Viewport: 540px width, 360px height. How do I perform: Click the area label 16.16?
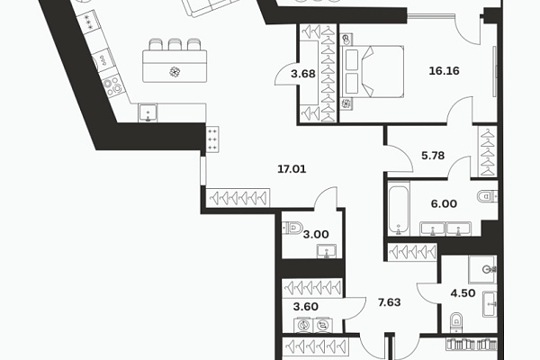444,71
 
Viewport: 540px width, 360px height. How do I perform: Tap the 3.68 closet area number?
303,74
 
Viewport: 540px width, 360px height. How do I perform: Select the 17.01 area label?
292,169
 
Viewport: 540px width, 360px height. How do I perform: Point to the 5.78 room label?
433,156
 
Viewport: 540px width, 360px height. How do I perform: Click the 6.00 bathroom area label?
444,204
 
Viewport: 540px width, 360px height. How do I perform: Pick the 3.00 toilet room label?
316,235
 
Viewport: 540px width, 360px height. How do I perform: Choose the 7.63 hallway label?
389,302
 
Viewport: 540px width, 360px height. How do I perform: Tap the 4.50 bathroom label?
463,293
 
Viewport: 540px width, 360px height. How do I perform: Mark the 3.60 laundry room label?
305,307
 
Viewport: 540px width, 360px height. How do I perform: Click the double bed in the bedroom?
372,72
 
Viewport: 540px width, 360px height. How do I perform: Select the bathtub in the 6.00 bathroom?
399,210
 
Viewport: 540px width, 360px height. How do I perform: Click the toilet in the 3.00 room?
292,228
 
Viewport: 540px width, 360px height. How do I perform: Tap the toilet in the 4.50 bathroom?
456,323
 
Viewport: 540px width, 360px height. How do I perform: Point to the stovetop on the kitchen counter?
112,86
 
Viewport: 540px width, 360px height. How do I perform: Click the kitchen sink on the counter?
148,112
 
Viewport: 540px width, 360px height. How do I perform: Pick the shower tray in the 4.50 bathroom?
482,269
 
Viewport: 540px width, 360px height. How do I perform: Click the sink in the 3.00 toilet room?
327,251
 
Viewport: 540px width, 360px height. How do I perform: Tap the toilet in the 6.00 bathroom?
487,197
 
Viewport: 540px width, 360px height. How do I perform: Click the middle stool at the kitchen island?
175,44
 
